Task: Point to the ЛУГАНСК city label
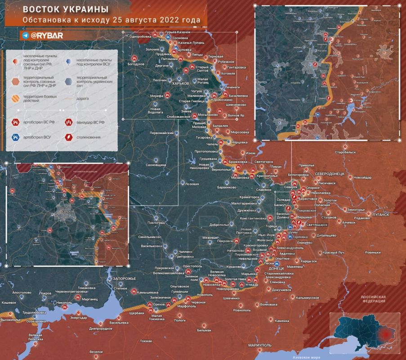coord(380,215)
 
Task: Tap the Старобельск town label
coord(345,153)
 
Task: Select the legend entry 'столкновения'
coord(89,137)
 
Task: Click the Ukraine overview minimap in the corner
coord(364,332)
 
